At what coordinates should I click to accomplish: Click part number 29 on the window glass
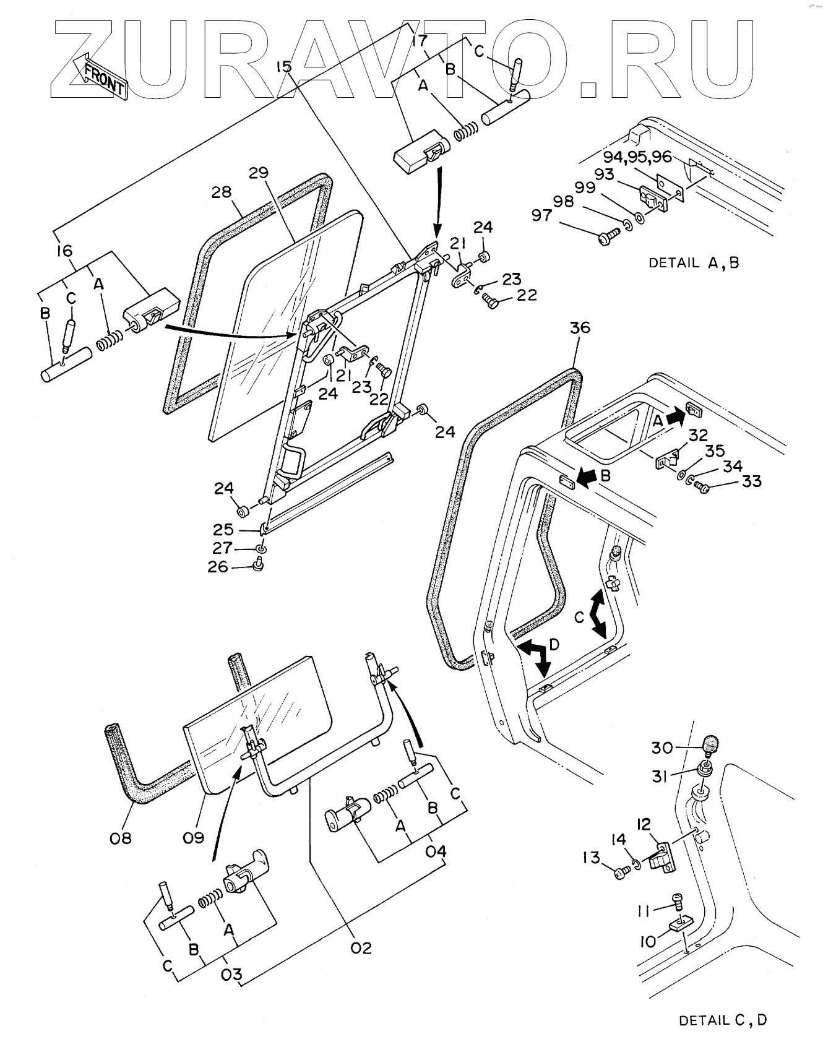tap(259, 173)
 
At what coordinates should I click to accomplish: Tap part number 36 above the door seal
tap(579, 327)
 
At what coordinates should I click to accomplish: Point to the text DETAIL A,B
tap(693, 262)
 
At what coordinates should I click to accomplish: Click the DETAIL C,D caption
tap(723, 1020)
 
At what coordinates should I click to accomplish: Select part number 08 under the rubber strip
tap(121, 838)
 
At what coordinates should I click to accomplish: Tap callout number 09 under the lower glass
tap(193, 838)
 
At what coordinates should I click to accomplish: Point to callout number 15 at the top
tap(284, 66)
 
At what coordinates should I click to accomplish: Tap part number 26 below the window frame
tap(218, 566)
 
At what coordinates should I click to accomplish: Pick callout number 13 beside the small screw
tap(592, 857)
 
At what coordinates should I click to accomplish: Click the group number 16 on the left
tap(64, 251)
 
